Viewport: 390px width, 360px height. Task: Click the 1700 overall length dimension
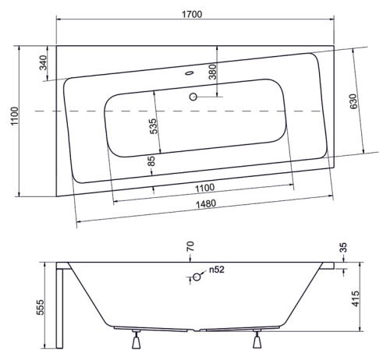pyautogui.click(x=192, y=14)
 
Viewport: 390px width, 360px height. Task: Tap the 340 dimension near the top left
pyautogui.click(x=43, y=63)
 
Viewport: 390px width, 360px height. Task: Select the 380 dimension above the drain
pyautogui.click(x=212, y=72)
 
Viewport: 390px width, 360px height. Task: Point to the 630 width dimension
pyautogui.click(x=353, y=101)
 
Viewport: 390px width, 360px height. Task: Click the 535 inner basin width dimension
pyautogui.click(x=153, y=126)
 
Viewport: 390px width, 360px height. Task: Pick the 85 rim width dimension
pyautogui.click(x=151, y=161)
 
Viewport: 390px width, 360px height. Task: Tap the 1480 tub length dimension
pyautogui.click(x=206, y=204)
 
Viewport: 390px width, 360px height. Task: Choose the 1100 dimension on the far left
pyautogui.click(x=15, y=116)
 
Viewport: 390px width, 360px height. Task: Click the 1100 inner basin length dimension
pyautogui.click(x=205, y=188)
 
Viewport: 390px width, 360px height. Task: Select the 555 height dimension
pyautogui.click(x=40, y=307)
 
